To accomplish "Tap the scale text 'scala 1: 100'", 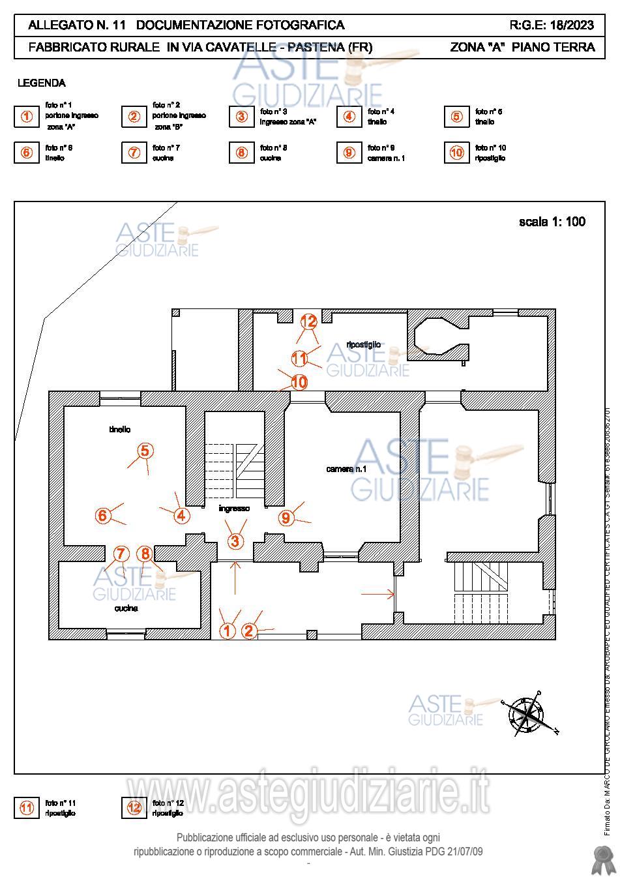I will (552, 222).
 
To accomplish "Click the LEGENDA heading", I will (41, 83).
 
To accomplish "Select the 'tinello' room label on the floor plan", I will (119, 429).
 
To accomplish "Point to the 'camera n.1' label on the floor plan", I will (346, 469).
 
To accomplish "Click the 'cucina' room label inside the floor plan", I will (126, 608).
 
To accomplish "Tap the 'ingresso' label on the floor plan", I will (234, 509).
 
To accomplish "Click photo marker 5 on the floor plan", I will (145, 451).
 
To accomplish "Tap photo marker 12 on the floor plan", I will (308, 321).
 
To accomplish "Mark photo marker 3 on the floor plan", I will (235, 541).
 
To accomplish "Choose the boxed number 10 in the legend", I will (456, 153).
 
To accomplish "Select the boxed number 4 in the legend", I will (349, 117).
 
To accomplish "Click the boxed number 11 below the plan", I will (27, 808).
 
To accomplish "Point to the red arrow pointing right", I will (378, 594).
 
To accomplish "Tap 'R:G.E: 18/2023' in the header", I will (552, 25).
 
